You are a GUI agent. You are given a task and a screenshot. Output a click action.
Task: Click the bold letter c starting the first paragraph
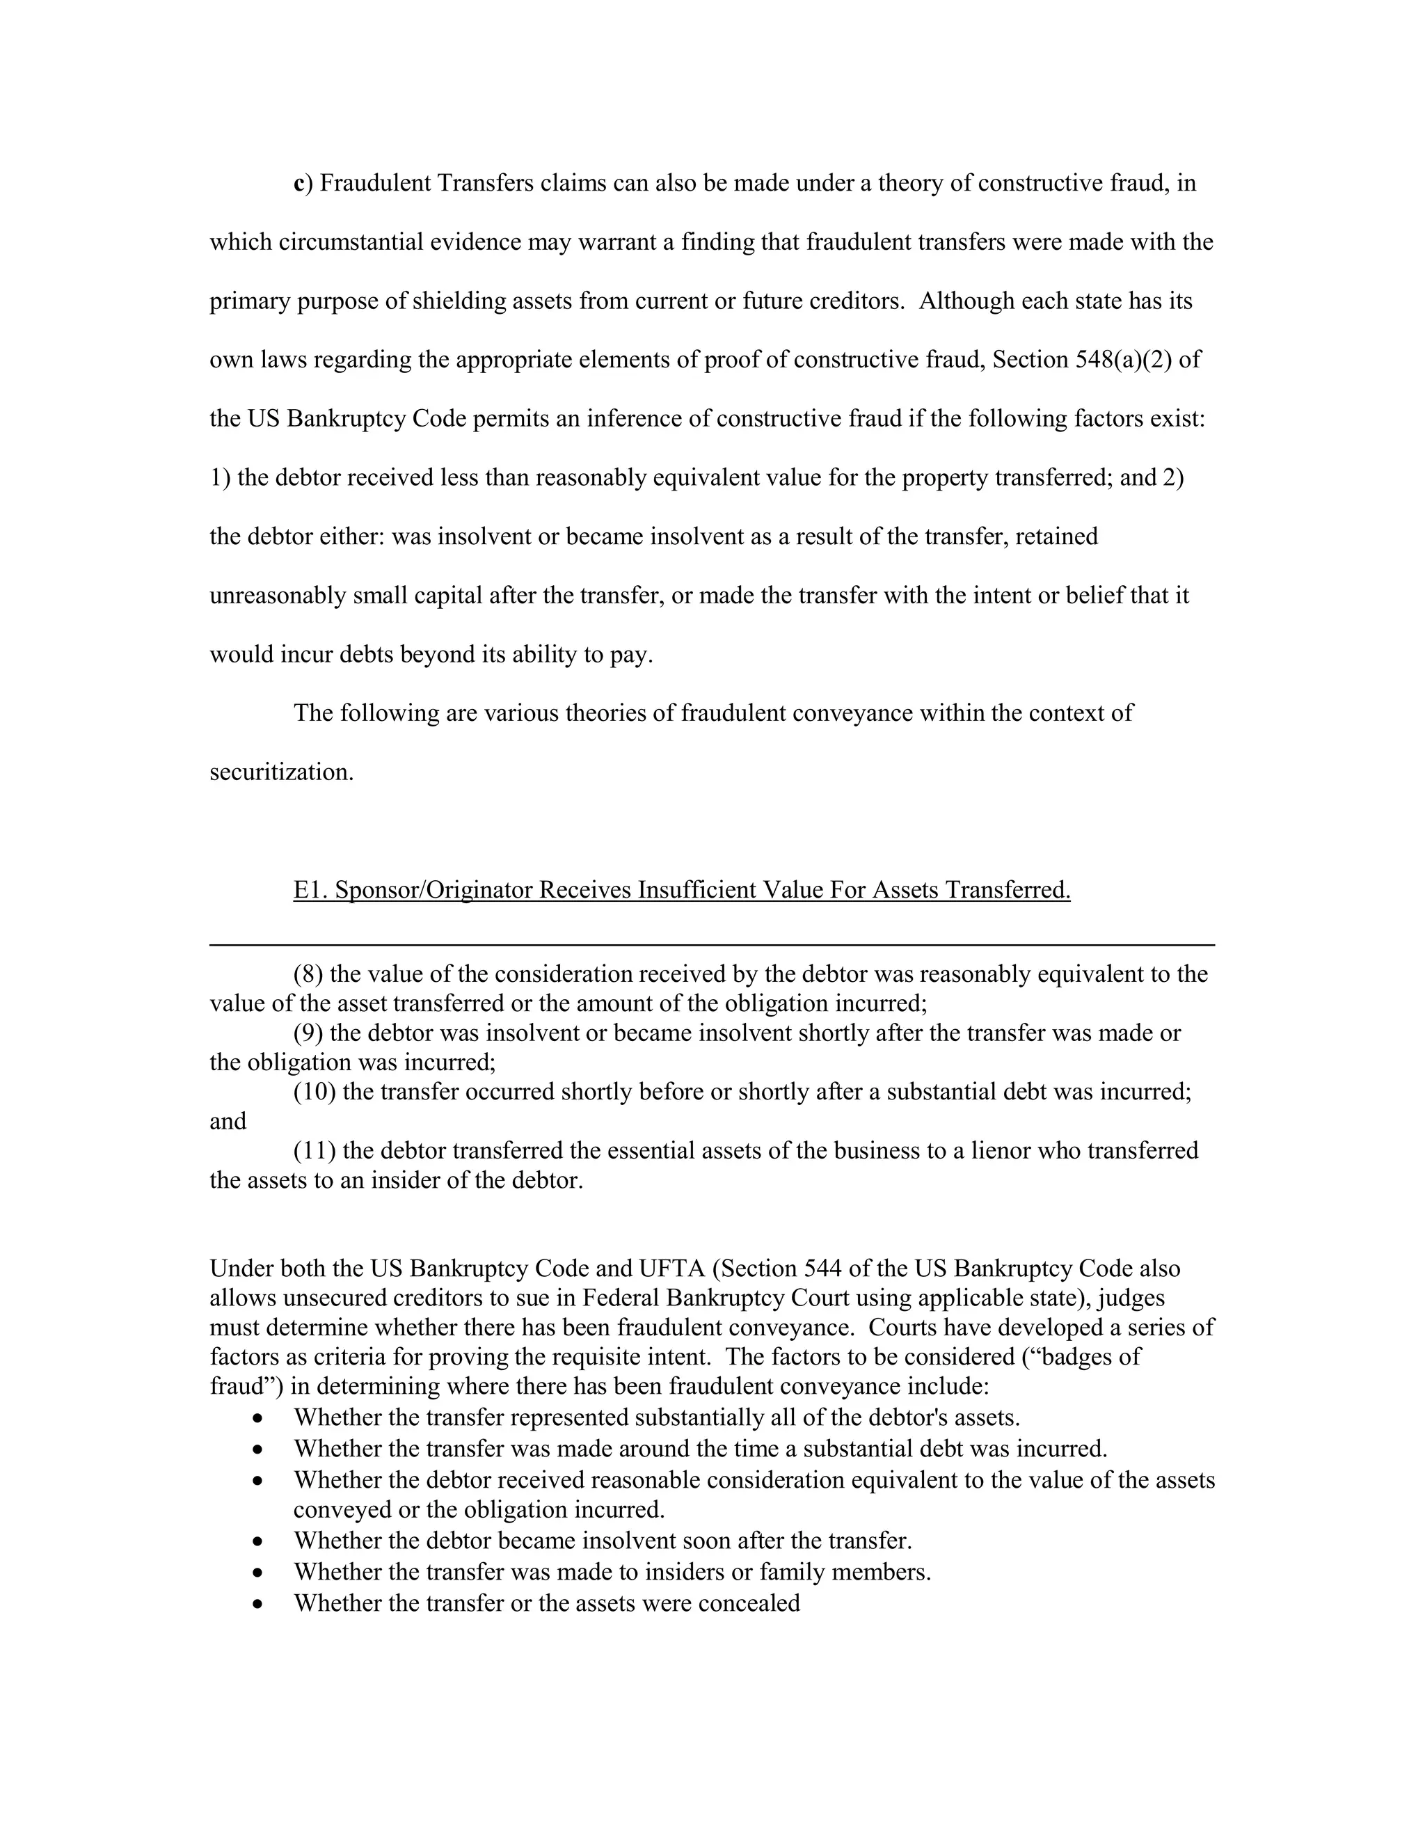298,184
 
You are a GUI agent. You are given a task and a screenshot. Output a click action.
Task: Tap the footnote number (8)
308,974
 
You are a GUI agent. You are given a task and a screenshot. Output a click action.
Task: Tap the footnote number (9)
308,1033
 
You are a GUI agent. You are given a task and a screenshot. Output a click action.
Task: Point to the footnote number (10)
314,1092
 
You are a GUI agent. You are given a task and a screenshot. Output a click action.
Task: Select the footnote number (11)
314,1151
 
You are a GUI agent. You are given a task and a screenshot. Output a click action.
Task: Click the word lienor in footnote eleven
1046,1151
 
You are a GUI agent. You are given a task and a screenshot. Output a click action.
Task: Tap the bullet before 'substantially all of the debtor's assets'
258,1417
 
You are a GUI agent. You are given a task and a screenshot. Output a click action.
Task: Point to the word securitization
281,772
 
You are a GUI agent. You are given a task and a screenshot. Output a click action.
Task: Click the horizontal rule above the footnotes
712,945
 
